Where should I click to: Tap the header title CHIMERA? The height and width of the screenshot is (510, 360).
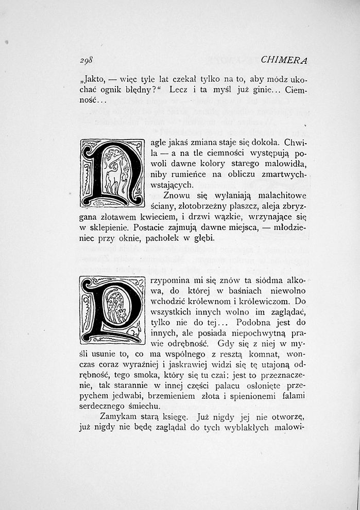(284, 60)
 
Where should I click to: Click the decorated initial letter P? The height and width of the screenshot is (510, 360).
(111, 310)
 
